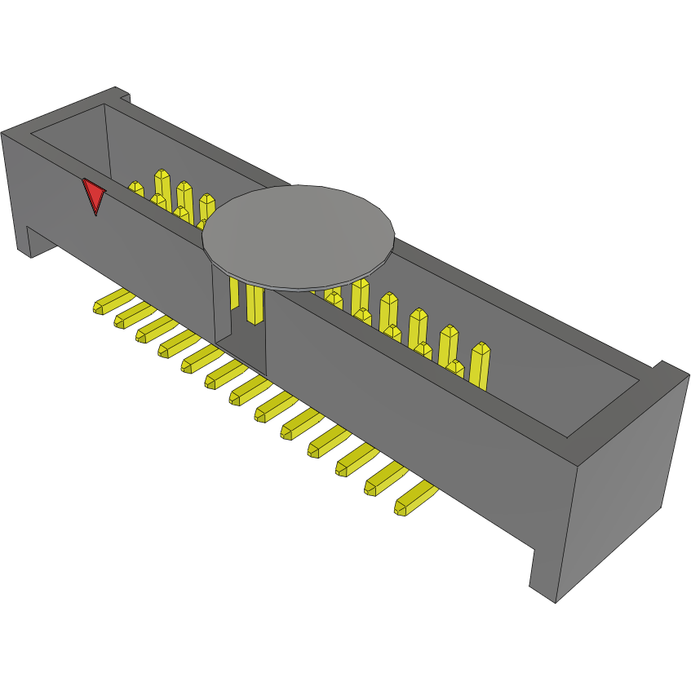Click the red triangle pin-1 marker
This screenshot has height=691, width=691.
coord(94,196)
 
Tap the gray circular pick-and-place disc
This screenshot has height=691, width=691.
coord(299,237)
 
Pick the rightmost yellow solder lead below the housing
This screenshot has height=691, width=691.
coord(414,498)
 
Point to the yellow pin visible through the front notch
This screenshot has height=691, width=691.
coord(254,304)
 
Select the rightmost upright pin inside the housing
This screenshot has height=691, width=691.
coord(481,365)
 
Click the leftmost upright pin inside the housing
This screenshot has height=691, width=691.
coord(136,190)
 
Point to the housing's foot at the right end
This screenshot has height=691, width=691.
coord(545,575)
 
